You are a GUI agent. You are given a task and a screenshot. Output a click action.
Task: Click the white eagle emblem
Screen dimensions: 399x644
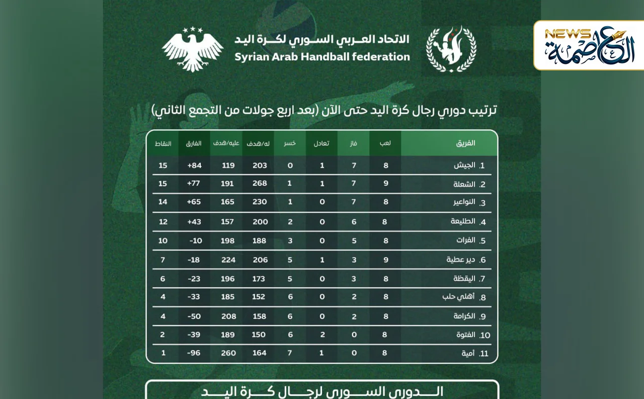point(193,49)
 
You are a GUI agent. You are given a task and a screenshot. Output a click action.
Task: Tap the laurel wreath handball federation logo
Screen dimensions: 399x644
point(451,49)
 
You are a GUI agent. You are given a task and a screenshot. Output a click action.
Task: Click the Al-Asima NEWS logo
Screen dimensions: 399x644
point(589,45)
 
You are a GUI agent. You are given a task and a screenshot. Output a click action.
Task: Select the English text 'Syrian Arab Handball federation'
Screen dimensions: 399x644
point(322,57)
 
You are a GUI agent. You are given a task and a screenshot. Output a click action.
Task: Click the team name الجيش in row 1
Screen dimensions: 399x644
point(464,165)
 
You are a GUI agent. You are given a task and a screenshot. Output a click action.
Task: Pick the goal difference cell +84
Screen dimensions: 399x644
point(194,165)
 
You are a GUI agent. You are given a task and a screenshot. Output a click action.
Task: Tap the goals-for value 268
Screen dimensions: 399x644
point(260,183)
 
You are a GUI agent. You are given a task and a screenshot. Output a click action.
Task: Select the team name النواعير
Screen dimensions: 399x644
point(463,202)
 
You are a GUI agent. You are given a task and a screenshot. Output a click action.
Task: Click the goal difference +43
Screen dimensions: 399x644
point(194,221)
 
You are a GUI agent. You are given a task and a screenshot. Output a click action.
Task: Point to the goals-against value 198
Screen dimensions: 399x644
point(227,241)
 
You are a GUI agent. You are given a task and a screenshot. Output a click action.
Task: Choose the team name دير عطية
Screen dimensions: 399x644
point(460,260)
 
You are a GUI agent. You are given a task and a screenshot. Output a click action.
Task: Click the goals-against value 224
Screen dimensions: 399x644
point(228,260)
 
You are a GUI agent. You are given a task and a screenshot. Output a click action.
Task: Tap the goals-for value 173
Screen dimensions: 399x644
point(259,278)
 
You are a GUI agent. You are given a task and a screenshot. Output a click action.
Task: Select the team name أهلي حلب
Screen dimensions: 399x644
point(458,297)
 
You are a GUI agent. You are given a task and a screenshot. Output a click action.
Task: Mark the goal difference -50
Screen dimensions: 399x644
point(194,316)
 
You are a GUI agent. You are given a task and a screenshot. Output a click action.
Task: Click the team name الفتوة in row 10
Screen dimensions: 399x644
point(465,335)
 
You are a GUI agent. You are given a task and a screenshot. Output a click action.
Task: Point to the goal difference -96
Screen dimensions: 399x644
point(194,353)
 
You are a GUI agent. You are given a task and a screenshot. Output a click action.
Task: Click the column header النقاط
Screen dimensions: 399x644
point(163,143)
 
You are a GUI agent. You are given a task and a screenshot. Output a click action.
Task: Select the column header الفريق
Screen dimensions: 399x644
point(465,143)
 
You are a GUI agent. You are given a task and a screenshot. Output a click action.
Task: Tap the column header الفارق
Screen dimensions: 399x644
point(194,143)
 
